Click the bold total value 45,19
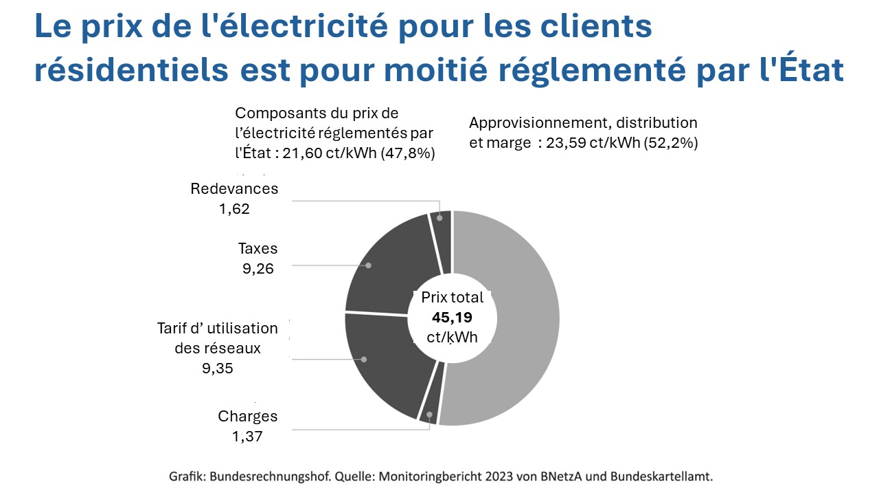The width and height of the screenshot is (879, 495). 452,318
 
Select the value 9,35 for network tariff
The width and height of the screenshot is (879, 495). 218,368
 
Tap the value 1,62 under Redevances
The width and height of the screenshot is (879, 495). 234,208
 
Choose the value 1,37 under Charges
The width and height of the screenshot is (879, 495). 247,436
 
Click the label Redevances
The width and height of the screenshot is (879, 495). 234,189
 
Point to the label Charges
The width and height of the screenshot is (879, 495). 247,416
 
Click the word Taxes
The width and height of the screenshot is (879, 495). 258,249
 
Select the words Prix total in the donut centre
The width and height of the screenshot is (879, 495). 452,298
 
